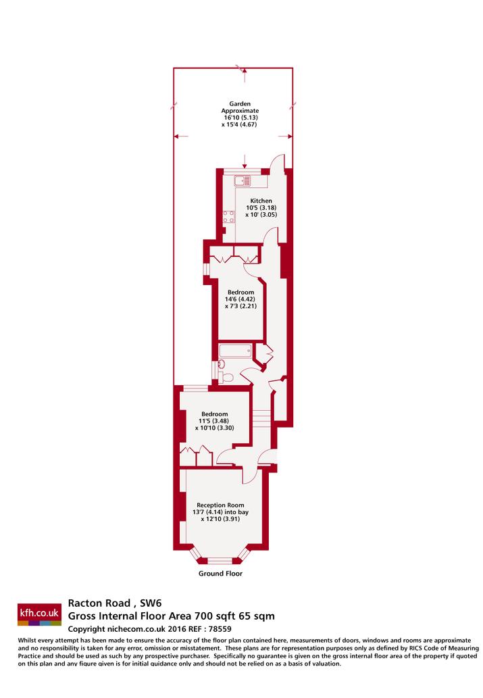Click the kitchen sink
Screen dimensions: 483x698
tap(243, 180)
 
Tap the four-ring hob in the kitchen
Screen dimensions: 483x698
tap(229, 217)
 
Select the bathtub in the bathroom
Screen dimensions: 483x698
tap(236, 350)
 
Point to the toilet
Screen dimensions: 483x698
tap(227, 378)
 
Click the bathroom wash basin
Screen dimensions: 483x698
tap(220, 364)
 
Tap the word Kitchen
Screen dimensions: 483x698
tap(261, 201)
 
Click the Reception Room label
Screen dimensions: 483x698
tap(220, 505)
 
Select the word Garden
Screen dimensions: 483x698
tap(240, 104)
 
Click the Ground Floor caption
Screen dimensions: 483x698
tap(220, 574)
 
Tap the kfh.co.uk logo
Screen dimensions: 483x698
tap(39, 615)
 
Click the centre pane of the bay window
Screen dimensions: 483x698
tap(220, 560)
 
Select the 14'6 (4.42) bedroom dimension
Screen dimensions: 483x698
tap(240, 299)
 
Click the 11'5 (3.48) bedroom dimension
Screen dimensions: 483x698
tap(214, 421)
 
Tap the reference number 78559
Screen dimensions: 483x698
tap(220, 629)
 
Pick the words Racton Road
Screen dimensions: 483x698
tap(99, 603)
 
